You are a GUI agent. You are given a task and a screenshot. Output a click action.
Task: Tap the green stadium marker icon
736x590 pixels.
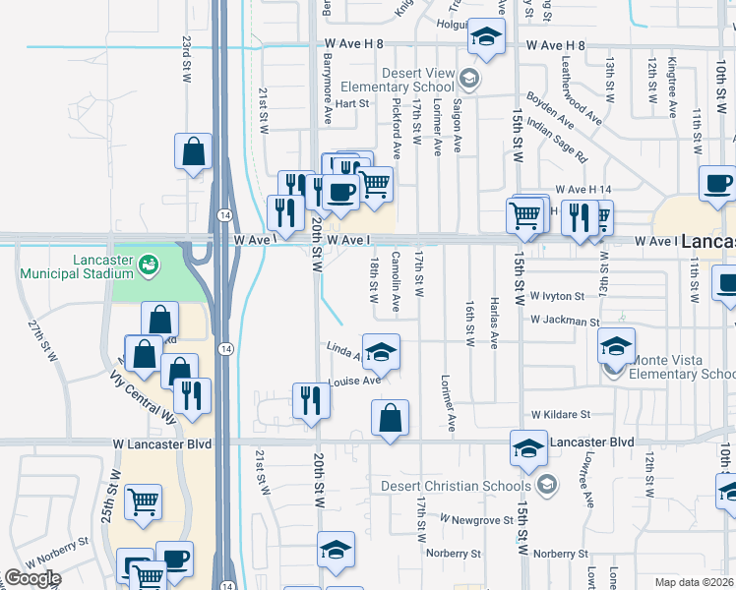point(149,264)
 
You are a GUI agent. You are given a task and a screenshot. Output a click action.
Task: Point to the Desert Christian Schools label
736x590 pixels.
point(472,486)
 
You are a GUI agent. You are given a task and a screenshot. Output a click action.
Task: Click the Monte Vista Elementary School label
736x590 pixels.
point(683,367)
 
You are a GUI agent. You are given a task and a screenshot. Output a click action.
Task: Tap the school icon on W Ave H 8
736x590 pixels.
point(485,38)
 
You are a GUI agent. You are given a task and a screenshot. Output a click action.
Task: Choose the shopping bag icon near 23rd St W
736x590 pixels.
point(194,152)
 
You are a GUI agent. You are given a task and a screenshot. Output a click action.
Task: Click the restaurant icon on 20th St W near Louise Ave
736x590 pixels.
point(311,401)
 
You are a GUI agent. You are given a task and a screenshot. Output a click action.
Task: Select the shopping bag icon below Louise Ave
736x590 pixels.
point(391,417)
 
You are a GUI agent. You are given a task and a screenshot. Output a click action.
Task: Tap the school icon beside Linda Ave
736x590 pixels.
point(381,351)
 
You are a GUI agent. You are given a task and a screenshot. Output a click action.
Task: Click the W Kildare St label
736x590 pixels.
point(561,416)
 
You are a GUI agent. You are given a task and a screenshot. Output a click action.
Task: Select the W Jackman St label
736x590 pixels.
point(564,322)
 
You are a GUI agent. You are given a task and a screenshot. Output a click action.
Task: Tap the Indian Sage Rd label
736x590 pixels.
point(556,140)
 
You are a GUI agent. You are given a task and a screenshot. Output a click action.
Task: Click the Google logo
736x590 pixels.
point(31,579)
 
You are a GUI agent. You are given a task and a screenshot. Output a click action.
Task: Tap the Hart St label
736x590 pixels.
point(351,102)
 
